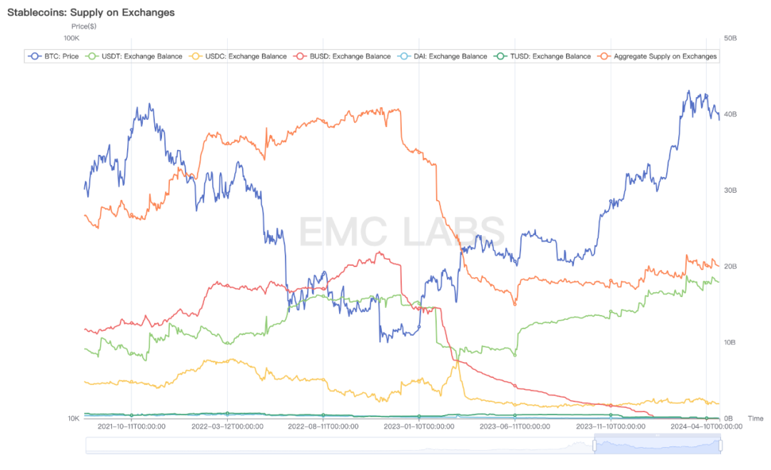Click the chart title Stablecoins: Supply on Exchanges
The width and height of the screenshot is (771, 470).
point(91,13)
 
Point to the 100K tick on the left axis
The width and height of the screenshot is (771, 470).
point(71,38)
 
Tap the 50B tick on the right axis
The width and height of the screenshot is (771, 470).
point(730,38)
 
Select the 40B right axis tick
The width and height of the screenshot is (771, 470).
point(730,114)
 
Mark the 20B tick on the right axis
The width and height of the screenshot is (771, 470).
point(730,266)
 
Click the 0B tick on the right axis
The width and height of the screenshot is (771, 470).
point(728,419)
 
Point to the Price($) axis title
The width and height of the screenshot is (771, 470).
point(84,26)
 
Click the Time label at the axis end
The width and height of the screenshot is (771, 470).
point(755,419)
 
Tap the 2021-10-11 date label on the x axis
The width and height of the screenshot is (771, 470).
point(131,426)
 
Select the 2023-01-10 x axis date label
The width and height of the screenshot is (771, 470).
point(419,426)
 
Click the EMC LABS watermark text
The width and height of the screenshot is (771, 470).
point(401,232)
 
